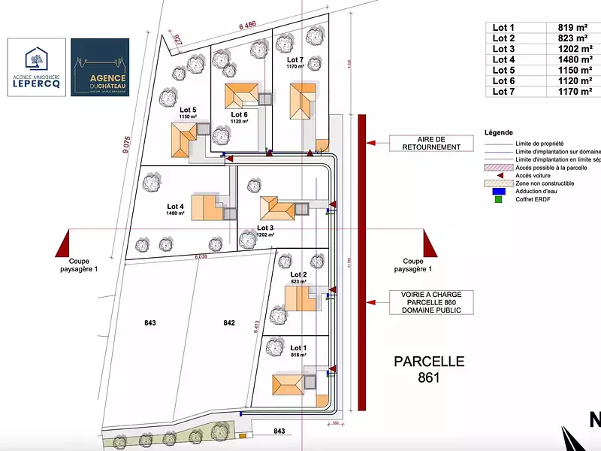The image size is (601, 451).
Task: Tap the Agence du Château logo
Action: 99,68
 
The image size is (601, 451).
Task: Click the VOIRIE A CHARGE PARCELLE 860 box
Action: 426,302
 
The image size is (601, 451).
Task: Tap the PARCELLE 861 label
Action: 429,369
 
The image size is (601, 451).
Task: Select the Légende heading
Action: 499,132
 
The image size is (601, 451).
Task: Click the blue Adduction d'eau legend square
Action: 497,191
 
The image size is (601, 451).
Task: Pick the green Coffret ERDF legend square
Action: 497,199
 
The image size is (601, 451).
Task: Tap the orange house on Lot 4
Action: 203,207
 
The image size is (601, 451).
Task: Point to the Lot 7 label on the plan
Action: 295,59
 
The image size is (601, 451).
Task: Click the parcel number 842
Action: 229,323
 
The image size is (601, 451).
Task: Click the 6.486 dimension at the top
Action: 248,26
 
